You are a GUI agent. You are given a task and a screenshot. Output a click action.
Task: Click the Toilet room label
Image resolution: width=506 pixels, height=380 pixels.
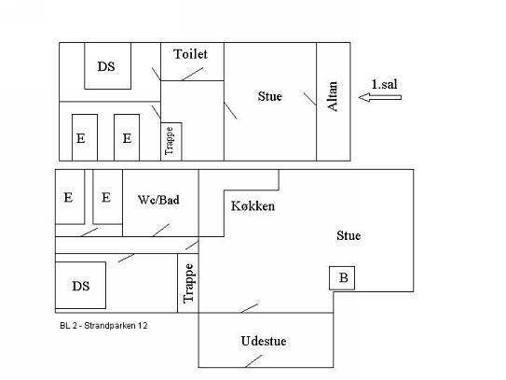pyautogui.click(x=190, y=54)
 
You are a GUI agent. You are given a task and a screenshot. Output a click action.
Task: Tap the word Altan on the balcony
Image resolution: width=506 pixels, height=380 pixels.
pyautogui.click(x=333, y=96)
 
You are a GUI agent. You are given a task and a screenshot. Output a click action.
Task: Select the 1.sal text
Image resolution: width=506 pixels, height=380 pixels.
pyautogui.click(x=384, y=84)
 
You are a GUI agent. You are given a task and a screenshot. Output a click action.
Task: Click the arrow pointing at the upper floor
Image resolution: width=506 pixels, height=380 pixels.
pyautogui.click(x=380, y=97)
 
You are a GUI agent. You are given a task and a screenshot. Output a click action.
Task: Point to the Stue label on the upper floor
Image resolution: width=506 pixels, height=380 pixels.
pyautogui.click(x=270, y=96)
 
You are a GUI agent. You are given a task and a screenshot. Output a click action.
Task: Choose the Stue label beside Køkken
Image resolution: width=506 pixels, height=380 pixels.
pyautogui.click(x=349, y=235)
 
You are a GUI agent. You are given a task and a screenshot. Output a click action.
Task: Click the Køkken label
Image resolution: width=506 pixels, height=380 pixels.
pyautogui.click(x=253, y=206)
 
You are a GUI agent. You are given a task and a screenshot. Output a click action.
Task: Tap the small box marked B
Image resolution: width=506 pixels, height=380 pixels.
pyautogui.click(x=342, y=278)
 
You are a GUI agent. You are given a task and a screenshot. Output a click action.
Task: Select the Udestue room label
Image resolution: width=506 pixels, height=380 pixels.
pyautogui.click(x=264, y=341)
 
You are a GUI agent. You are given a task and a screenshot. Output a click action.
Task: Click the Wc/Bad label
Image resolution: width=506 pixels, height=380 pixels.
pyautogui.click(x=158, y=200)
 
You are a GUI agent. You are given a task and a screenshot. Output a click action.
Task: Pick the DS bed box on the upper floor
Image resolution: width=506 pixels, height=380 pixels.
pyautogui.click(x=108, y=65)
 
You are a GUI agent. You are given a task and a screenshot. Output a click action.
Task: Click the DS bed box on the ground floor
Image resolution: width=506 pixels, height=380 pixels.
pyautogui.click(x=81, y=285)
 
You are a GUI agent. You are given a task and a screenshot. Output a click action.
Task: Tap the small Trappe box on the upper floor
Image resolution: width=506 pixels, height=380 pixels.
pyautogui.click(x=171, y=142)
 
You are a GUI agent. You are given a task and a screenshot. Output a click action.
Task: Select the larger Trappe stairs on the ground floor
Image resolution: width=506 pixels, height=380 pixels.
pyautogui.click(x=188, y=283)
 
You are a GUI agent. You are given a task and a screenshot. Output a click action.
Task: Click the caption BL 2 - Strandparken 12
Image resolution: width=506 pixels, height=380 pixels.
pyautogui.click(x=103, y=325)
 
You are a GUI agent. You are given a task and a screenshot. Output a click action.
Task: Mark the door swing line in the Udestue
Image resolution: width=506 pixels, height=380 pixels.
pyautogui.click(x=253, y=361)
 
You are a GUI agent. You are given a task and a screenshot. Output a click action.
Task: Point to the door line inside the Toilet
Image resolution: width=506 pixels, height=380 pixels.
pyautogui.click(x=192, y=74)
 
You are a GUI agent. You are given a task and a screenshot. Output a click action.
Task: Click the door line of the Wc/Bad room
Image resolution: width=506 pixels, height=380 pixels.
pyautogui.click(x=161, y=230)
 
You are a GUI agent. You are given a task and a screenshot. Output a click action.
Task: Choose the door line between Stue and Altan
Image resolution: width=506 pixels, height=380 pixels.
pyautogui.click(x=310, y=99)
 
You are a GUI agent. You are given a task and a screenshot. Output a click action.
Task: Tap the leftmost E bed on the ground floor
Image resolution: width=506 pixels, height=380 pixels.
pyautogui.click(x=70, y=197)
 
